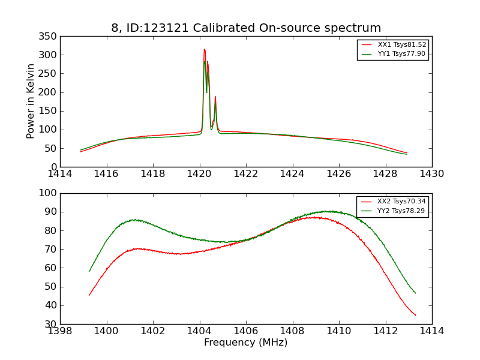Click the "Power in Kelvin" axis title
click(31, 101)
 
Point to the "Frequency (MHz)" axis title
click(246, 343)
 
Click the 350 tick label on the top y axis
click(50, 37)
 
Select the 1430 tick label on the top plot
click(432, 174)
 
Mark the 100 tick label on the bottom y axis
click(50, 193)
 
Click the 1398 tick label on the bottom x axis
click(61, 331)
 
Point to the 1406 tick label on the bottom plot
click(246, 331)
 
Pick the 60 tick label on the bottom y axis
click(52, 268)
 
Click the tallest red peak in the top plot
click(204, 49)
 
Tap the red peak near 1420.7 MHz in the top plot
click(215, 97)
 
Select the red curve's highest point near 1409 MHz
click(314, 217)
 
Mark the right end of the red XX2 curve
click(415, 315)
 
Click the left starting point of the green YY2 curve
click(89, 271)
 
